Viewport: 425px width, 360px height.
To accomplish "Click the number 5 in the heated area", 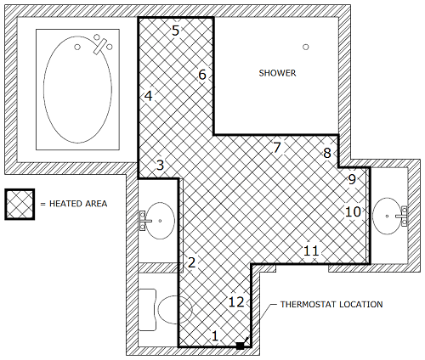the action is [x=176, y=31].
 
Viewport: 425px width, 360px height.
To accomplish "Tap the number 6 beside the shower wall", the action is [x=202, y=75].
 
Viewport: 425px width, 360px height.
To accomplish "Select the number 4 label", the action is [x=149, y=96].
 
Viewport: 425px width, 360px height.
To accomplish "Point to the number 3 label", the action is [x=161, y=165].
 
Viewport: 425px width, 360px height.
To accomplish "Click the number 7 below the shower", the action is [x=277, y=148].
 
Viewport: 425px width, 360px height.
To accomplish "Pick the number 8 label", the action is [x=327, y=153].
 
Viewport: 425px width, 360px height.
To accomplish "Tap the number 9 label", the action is [x=352, y=179].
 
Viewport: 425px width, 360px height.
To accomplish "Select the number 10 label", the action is [x=353, y=211].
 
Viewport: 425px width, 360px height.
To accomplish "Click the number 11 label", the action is [x=311, y=250].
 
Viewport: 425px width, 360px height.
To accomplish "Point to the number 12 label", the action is [x=236, y=302].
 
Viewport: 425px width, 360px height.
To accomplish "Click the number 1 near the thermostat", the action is [x=215, y=336].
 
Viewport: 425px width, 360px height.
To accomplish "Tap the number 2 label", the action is [x=192, y=262].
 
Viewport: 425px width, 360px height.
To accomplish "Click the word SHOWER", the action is [x=277, y=73].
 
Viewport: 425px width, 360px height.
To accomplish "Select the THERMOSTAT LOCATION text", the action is [x=331, y=304].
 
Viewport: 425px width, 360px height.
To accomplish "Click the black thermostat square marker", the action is [x=241, y=346].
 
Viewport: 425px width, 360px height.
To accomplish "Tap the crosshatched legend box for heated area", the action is [x=20, y=204].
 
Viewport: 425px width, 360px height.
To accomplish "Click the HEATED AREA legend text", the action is [x=78, y=204].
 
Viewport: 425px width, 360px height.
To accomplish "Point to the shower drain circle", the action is [x=305, y=47].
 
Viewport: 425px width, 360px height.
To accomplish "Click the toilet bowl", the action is [x=175, y=310].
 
